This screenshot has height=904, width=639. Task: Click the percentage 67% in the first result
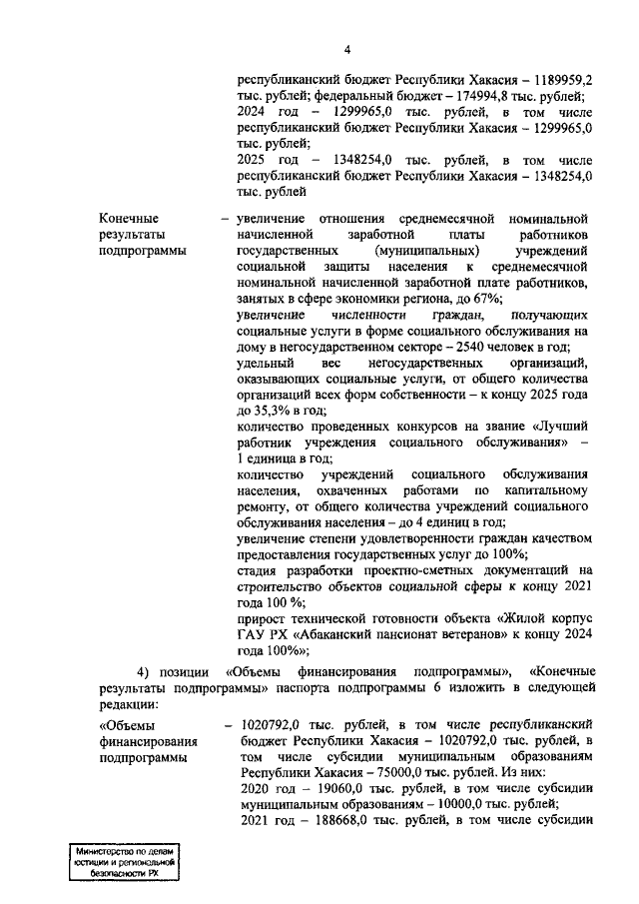[x=489, y=299]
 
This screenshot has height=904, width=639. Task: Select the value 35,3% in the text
[x=277, y=411]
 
